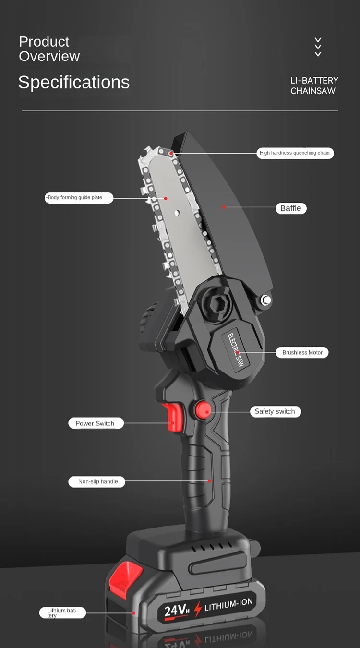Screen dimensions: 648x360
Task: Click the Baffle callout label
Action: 291,208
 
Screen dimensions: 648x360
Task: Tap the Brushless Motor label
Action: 302,352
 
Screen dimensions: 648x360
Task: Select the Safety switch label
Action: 275,411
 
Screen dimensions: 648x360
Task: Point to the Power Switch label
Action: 95,423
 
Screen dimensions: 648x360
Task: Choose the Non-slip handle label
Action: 98,481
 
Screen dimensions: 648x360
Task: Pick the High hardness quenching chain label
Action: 295,153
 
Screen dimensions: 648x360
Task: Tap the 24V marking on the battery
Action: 177,610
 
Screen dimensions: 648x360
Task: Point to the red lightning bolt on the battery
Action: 197,609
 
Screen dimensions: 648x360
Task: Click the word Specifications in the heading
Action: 74,82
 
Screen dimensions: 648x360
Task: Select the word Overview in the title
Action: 49,56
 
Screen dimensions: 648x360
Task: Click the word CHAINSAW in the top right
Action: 313,91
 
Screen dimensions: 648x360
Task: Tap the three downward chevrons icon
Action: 318,47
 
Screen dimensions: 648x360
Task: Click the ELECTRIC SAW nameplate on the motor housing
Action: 236,350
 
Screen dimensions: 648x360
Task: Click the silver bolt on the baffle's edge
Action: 265,300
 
